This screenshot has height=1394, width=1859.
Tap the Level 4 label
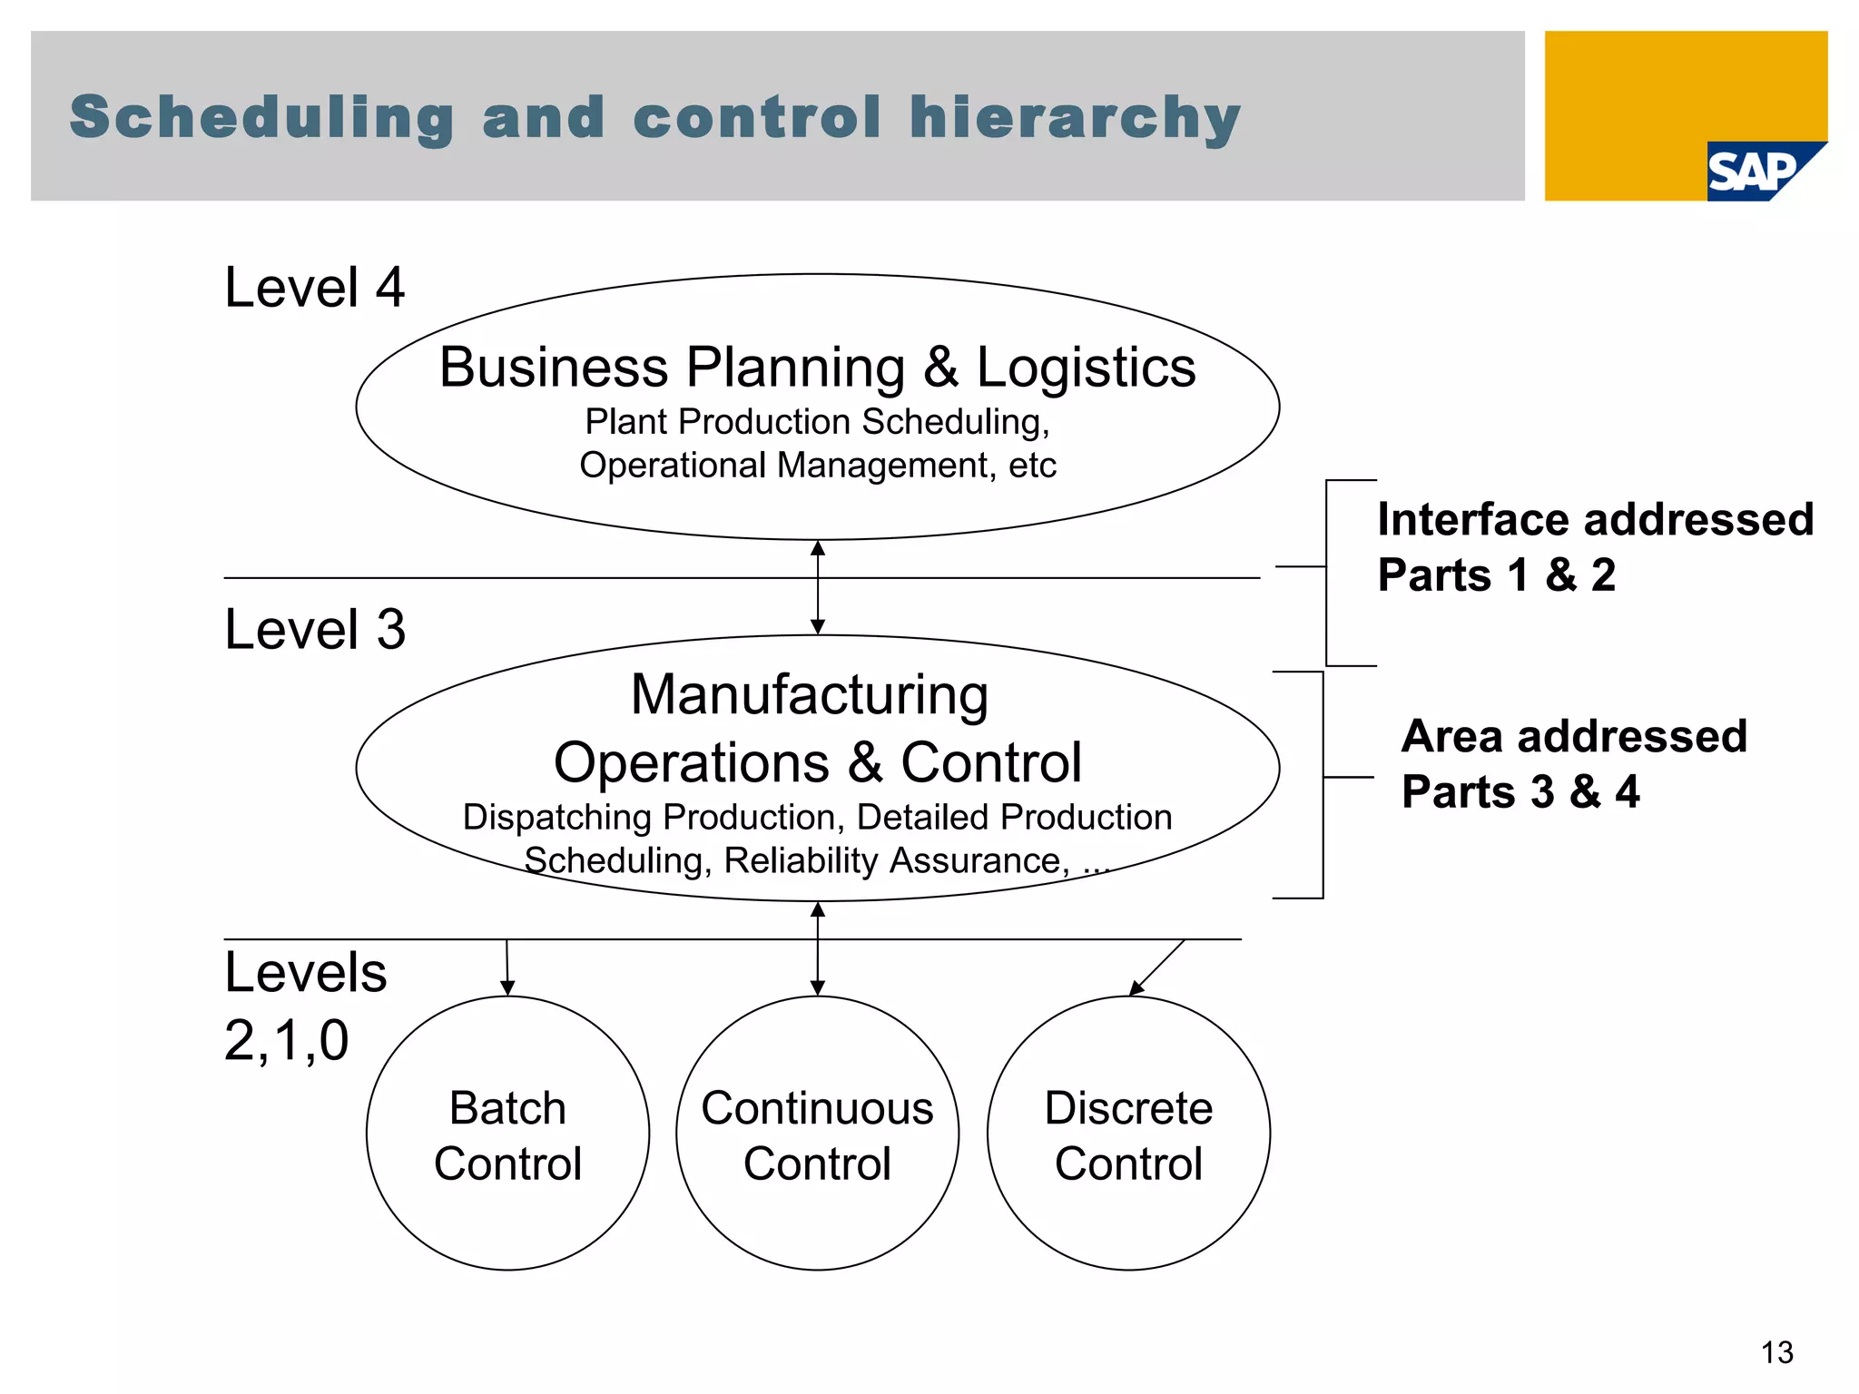point(314,288)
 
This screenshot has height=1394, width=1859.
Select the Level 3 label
point(314,629)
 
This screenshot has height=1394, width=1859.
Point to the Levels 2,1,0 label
point(305,1006)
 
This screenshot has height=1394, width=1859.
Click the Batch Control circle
point(507,1134)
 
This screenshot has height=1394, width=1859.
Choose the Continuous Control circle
point(817,1134)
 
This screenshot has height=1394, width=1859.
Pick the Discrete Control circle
point(1128,1134)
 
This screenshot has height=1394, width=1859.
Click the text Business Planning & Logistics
point(817,368)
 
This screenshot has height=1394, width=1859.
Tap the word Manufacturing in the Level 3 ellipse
point(810,695)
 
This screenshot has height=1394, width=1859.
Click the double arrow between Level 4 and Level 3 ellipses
point(818,588)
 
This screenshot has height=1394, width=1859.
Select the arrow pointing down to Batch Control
point(507,968)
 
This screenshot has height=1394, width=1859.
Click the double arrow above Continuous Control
point(818,949)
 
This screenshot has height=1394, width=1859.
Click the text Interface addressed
point(1595,520)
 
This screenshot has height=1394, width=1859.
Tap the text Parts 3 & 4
point(1520,791)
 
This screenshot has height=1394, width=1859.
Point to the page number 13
point(1776,1353)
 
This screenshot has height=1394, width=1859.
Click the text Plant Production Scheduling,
point(817,422)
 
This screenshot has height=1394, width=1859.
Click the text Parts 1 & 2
point(1496,575)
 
